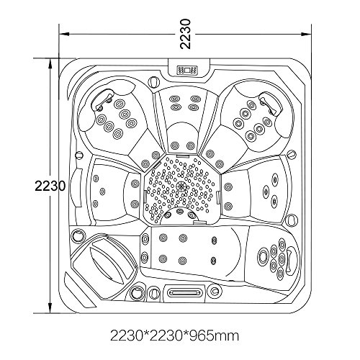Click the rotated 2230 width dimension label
(186, 34)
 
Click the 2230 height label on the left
(50, 186)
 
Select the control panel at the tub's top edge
(187, 71)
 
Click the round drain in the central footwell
(180, 186)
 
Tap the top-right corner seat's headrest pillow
(270, 102)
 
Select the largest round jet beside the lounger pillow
(263, 256)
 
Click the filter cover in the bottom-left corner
(105, 263)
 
